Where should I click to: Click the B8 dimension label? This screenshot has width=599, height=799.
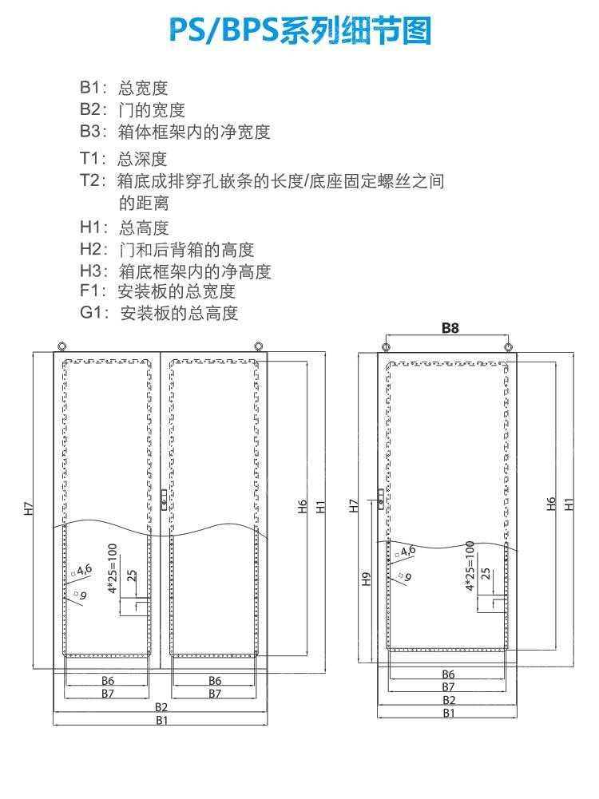[x=449, y=327]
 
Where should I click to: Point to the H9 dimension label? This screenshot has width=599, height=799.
[x=367, y=579]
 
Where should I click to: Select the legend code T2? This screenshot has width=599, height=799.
[x=92, y=180]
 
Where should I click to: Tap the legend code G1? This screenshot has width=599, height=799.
[x=93, y=313]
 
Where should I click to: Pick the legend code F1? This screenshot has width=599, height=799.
[x=92, y=291]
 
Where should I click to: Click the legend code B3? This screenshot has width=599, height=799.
[x=92, y=131]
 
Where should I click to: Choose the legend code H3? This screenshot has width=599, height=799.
[x=92, y=271]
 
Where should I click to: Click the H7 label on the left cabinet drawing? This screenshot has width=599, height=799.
[x=28, y=507]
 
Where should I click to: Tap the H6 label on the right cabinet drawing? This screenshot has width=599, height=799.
[x=551, y=504]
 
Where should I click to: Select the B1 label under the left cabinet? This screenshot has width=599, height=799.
[x=162, y=720]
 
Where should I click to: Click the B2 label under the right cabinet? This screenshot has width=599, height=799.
[x=449, y=700]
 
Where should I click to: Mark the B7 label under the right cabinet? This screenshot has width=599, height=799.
[x=449, y=686]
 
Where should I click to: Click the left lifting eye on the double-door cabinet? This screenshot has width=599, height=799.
[x=62, y=346]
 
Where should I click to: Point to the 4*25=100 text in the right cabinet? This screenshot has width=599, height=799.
[x=470, y=565]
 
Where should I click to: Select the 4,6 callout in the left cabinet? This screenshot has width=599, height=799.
[x=83, y=569]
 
